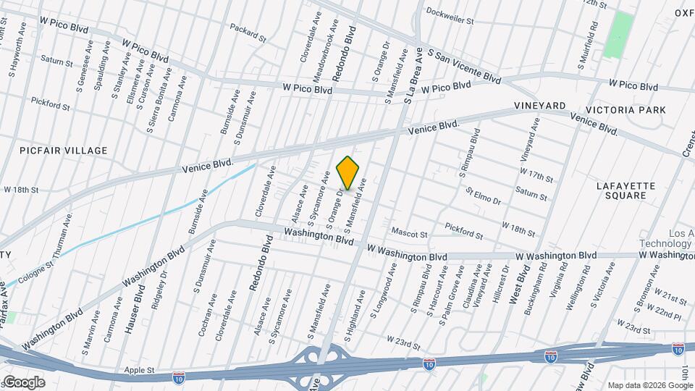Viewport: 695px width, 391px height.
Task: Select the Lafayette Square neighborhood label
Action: point(625,190)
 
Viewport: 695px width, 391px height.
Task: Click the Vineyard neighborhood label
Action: point(539,106)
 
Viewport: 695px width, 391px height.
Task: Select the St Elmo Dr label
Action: point(484,195)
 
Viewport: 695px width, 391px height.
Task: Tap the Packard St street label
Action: point(249,30)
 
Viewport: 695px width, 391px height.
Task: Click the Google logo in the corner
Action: point(23,382)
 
